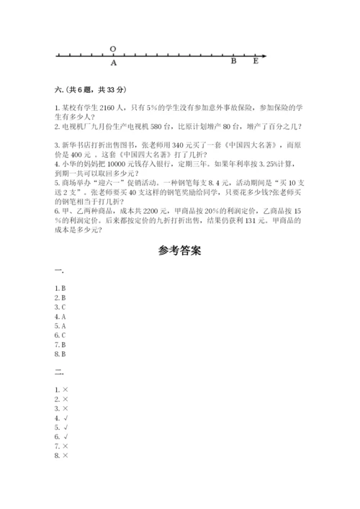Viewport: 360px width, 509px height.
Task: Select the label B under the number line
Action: pos(233,62)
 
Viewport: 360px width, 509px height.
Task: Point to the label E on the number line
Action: pos(255,62)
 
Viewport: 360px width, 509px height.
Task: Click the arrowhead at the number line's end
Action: pos(264,55)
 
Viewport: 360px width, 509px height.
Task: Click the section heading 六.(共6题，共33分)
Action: pos(80,89)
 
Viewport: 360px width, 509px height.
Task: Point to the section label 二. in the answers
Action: pos(58,372)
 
